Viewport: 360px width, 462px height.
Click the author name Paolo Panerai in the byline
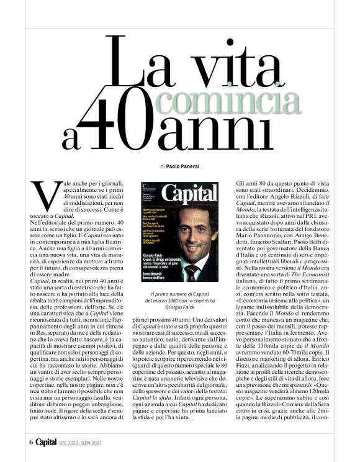click(187, 166)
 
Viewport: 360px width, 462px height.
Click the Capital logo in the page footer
click(47, 442)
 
